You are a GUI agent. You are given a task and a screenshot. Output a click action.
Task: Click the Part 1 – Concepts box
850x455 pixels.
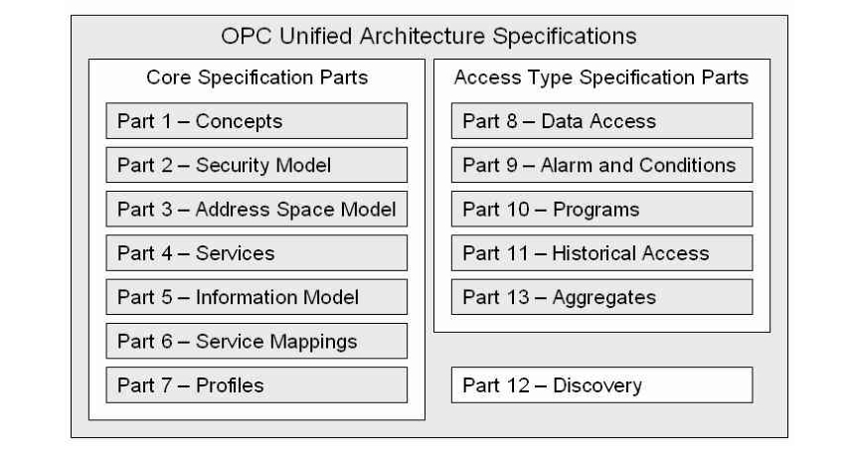click(256, 121)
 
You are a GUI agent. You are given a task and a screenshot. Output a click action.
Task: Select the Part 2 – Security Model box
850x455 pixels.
click(256, 165)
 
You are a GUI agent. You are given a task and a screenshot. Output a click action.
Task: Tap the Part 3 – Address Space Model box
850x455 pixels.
click(256, 209)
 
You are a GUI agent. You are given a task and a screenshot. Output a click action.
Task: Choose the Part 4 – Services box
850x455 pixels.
click(256, 252)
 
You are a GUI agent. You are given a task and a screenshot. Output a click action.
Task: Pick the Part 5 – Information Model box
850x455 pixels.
click(256, 296)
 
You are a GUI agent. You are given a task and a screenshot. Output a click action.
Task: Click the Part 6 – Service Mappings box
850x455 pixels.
click(256, 341)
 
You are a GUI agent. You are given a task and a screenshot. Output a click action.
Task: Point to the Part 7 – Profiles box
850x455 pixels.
click(256, 384)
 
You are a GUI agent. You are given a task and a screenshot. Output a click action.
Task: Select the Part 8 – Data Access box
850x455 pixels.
click(601, 121)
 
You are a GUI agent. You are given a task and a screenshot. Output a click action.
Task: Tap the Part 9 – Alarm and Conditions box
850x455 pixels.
click(601, 165)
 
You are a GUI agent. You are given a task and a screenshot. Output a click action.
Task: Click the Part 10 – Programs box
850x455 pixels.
click(601, 209)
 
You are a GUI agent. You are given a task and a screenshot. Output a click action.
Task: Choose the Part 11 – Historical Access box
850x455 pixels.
click(601, 252)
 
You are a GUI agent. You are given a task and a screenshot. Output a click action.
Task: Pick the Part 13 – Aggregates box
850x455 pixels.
click(601, 296)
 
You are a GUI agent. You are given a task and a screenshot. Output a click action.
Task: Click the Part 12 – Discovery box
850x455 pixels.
click(601, 384)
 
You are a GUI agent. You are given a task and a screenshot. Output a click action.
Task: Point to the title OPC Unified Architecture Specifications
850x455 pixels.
click(428, 37)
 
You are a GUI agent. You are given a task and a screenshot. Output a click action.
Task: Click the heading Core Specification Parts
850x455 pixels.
click(256, 77)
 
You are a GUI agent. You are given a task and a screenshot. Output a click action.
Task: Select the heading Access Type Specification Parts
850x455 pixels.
click(601, 77)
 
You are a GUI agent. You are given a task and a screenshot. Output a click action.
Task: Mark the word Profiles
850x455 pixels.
click(230, 384)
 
